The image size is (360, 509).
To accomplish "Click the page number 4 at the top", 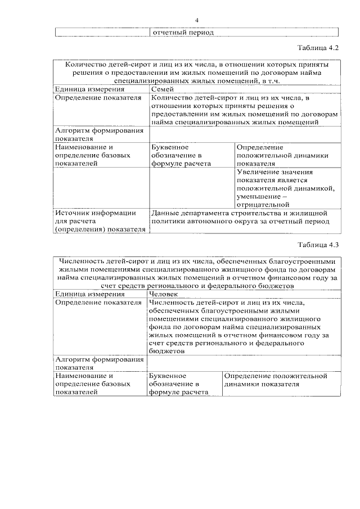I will (x=197, y=21).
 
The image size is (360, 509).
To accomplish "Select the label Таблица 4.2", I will (x=317, y=49).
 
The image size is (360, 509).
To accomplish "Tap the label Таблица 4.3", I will (x=317, y=245).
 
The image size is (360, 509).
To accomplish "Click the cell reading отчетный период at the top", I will (x=183, y=32).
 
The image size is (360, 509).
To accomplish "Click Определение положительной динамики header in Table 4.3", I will (x=275, y=380).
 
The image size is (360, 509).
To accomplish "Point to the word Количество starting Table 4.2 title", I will (x=84, y=65).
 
